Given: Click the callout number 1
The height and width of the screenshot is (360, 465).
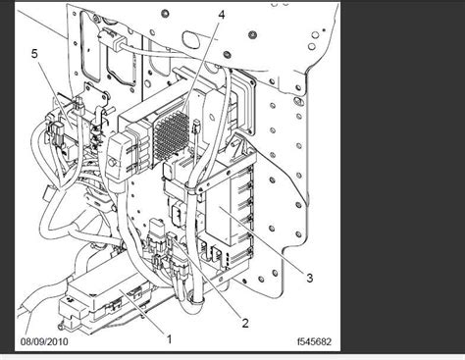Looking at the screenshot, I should click(x=169, y=338).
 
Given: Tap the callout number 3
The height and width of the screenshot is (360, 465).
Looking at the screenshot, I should click(x=309, y=279).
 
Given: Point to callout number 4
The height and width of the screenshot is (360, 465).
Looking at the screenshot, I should click(x=221, y=17).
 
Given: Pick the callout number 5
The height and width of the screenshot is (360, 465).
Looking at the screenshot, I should click(x=37, y=55).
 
